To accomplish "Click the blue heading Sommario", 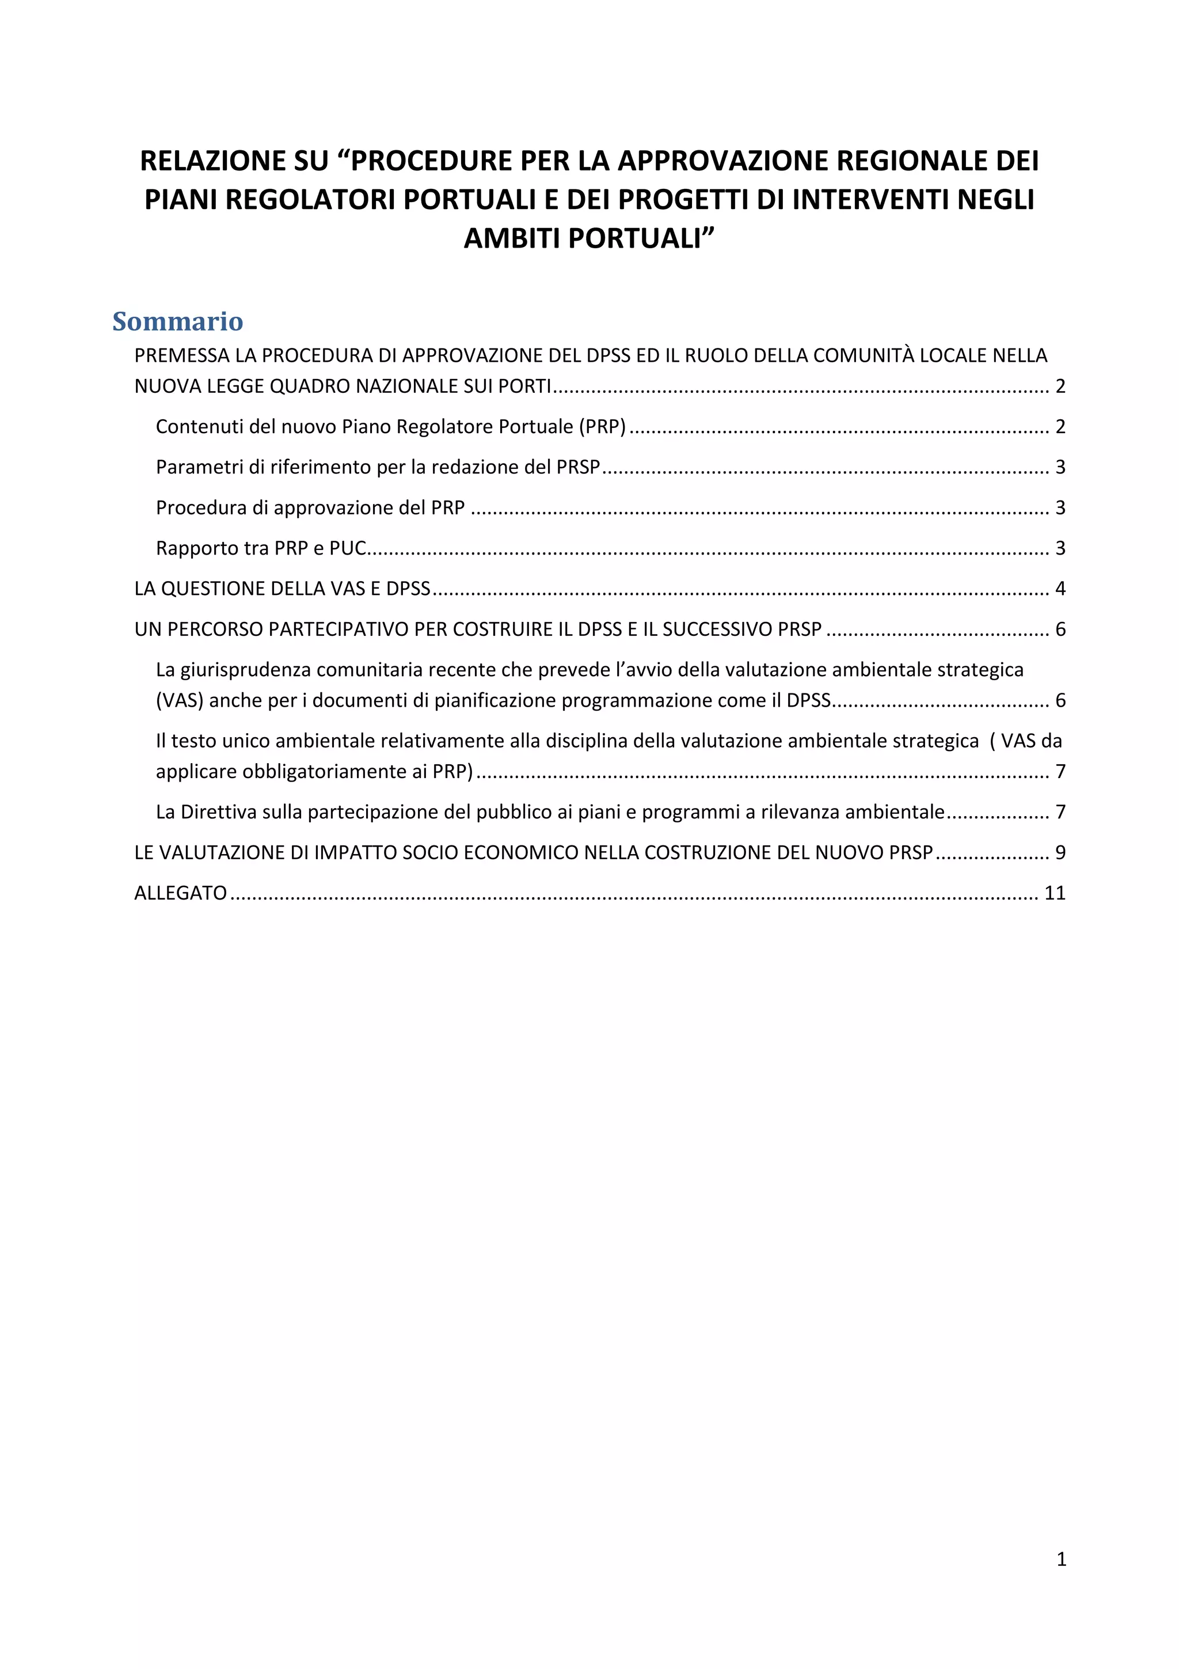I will [x=177, y=321].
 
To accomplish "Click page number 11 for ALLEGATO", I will [x=1054, y=893].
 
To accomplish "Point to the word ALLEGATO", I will [x=181, y=893].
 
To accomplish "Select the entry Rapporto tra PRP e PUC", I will [x=261, y=548].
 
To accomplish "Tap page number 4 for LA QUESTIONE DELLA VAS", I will [x=1060, y=589].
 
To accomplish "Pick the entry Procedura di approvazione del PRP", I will [x=310, y=507].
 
